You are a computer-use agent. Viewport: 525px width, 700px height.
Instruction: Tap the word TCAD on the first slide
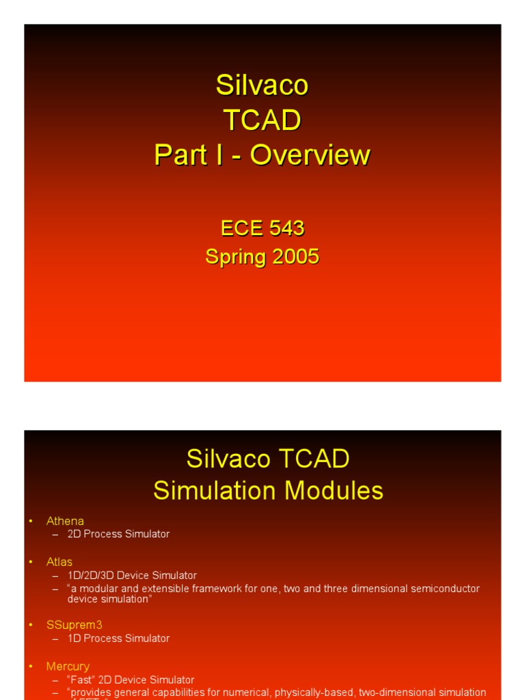point(262,120)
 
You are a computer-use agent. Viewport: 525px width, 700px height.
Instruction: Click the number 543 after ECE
point(287,228)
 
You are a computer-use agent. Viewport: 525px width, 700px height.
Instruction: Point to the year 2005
point(294,257)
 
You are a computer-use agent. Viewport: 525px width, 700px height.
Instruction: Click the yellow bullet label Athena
point(65,521)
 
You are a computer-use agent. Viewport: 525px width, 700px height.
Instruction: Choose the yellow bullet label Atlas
point(59,562)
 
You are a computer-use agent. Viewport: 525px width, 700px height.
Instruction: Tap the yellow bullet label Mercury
point(68,666)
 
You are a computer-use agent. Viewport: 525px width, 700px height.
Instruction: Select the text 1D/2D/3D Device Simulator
point(132,576)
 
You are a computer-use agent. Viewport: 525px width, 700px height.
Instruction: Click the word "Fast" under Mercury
point(82,680)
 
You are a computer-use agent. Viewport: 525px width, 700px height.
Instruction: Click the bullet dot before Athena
point(31,522)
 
